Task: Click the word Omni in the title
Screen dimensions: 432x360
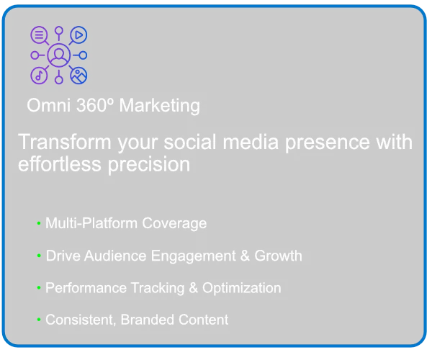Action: point(49,105)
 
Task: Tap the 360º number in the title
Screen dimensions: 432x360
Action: point(95,105)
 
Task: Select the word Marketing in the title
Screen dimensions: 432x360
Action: point(160,106)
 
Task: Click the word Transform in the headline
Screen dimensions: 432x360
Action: point(65,142)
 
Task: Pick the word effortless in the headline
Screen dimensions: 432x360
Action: point(60,164)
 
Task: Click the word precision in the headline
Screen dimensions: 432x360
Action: point(149,166)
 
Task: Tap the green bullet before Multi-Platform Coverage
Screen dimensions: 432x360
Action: point(39,222)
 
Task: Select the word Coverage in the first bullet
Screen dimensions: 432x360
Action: point(174,223)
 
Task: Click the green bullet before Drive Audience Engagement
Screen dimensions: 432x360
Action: point(39,256)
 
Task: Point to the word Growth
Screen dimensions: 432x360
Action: point(278,256)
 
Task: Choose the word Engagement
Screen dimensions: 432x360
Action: point(194,256)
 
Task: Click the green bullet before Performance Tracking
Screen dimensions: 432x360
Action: point(39,288)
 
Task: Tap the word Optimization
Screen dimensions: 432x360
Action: point(242,289)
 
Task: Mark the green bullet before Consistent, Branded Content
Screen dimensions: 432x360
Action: point(39,320)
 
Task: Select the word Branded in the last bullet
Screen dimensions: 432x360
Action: point(148,320)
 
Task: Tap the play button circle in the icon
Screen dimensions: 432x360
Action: point(78,35)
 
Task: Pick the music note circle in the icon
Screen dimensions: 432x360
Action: point(39,75)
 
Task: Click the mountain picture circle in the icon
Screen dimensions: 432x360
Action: point(78,75)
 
